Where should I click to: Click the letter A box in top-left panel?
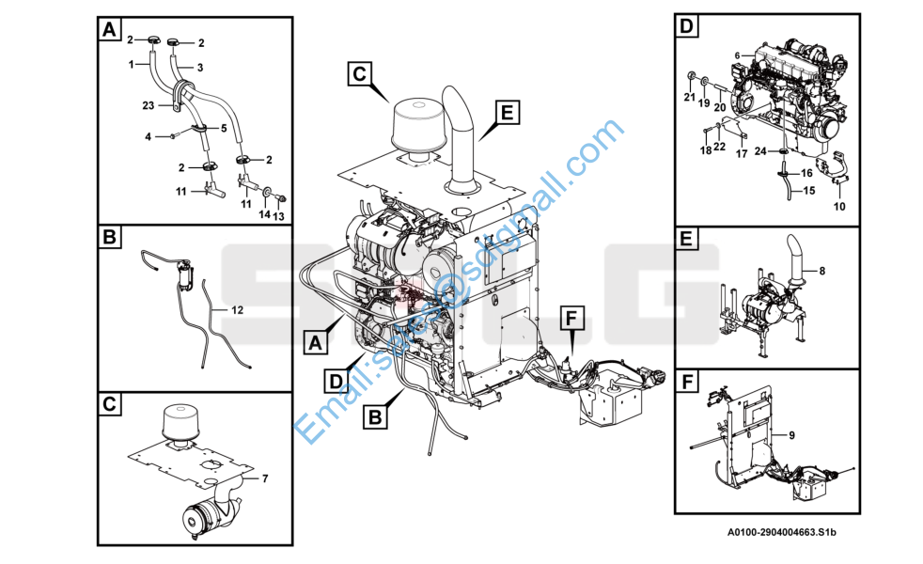[x=110, y=30]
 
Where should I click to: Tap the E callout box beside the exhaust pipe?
[x=506, y=113]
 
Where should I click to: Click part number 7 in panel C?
[x=265, y=478]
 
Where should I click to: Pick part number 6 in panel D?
[x=738, y=55]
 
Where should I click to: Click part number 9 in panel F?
[x=791, y=434]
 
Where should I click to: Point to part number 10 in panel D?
[x=839, y=206]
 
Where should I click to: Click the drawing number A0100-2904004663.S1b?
[x=781, y=533]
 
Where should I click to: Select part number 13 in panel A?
[x=279, y=216]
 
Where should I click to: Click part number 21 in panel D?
[x=689, y=97]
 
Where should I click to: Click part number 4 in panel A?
[x=148, y=137]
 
